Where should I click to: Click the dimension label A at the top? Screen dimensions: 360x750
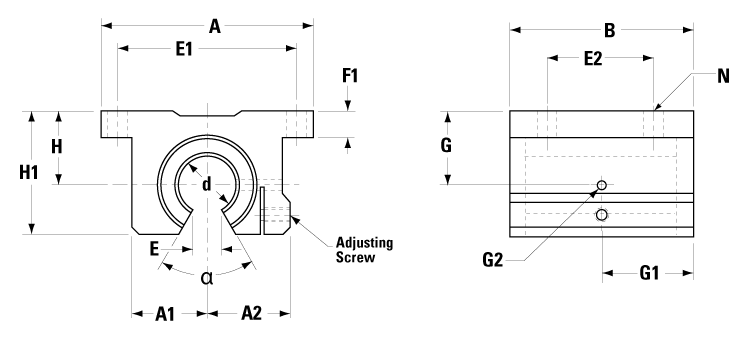[x=213, y=29]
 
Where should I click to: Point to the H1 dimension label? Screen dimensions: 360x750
[x=29, y=172]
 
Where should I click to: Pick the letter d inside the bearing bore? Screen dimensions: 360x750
[x=207, y=184]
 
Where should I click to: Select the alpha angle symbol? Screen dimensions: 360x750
[x=207, y=277]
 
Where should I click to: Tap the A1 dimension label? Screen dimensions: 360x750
[x=166, y=314]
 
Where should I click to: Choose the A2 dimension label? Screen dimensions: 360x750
[x=252, y=314]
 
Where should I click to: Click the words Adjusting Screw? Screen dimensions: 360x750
[x=363, y=249]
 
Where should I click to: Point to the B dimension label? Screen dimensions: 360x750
[x=609, y=30]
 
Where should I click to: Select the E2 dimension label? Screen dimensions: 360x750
[x=592, y=60]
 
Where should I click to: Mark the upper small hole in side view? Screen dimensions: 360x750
[x=601, y=185]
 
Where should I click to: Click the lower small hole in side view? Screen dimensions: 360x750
[x=601, y=215]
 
